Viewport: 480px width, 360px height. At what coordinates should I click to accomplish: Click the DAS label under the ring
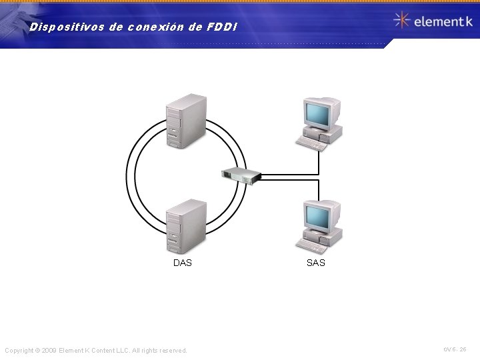point(182,263)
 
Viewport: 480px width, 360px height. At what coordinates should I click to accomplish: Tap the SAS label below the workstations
point(315,263)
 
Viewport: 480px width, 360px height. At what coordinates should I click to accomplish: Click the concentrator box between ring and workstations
point(241,175)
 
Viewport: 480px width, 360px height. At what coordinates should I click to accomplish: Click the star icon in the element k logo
point(401,21)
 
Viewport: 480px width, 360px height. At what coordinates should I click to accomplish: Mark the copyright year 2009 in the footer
point(49,351)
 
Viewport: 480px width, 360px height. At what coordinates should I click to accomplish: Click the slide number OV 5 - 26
point(455,349)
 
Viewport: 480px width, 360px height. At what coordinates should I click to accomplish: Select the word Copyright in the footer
point(19,351)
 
